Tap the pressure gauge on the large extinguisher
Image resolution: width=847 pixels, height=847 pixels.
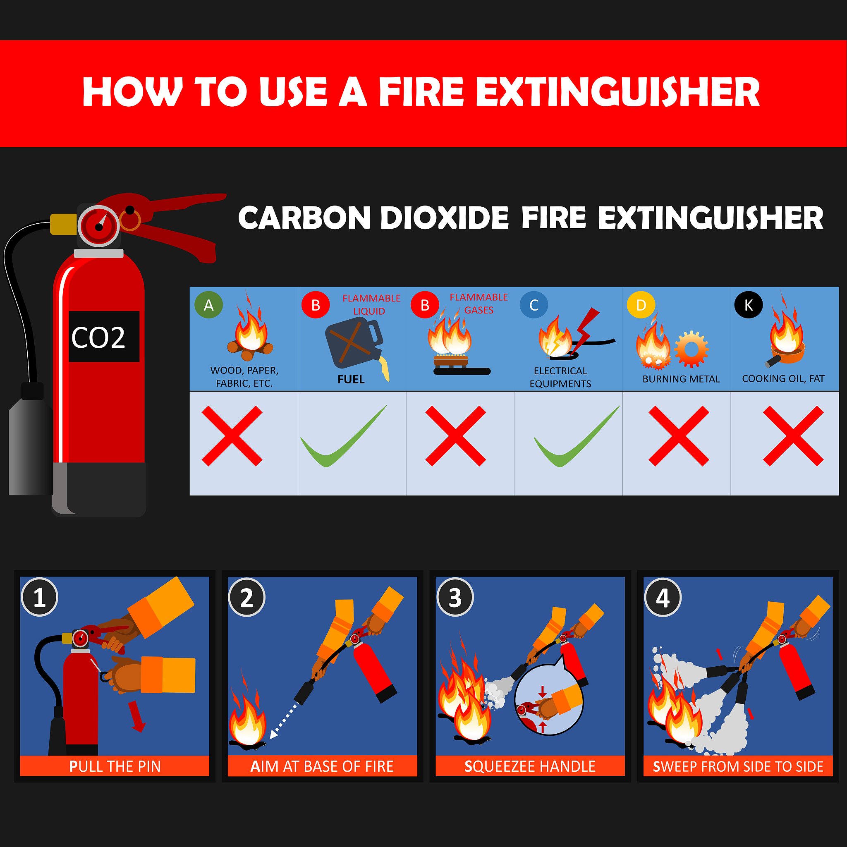99,226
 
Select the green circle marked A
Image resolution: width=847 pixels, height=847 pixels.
209,305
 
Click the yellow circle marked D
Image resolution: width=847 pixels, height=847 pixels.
641,305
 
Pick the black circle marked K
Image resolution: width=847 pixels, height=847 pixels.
748,305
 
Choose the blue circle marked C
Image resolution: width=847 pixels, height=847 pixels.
534,305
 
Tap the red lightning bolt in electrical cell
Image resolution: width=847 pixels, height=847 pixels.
585,329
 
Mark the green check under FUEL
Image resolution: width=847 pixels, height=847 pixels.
343,437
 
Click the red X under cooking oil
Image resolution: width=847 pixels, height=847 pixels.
793,436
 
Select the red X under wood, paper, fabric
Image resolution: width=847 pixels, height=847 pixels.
232,436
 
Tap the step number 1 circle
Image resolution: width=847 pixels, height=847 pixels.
39,597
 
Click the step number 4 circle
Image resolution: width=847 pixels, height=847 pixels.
663,597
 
